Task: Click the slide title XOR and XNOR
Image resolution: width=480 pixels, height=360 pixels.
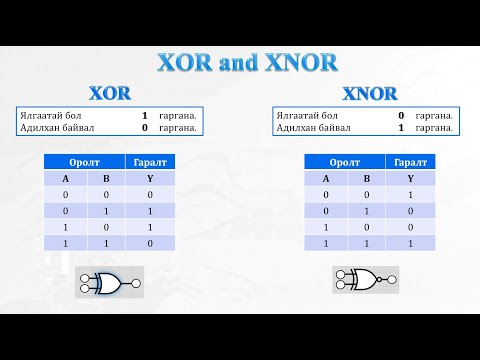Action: (x=247, y=62)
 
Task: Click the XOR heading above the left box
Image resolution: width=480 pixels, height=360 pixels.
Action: (x=110, y=93)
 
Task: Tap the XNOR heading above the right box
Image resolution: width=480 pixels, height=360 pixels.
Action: (x=370, y=93)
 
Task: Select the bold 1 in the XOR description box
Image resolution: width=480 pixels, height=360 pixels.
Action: (x=145, y=116)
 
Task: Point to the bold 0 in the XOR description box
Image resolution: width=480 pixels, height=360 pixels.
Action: (x=145, y=128)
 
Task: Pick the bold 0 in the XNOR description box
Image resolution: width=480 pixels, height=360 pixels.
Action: (x=401, y=116)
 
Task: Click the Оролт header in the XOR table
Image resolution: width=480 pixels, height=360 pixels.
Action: (x=84, y=162)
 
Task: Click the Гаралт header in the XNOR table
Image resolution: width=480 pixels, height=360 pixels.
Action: (x=410, y=162)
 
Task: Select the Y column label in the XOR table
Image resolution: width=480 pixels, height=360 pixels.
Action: (x=150, y=179)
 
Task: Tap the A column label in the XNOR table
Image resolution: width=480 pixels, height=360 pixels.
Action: (x=326, y=179)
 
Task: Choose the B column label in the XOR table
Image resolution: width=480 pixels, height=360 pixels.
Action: (x=106, y=179)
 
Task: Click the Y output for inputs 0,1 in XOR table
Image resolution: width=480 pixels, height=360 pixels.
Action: (x=150, y=211)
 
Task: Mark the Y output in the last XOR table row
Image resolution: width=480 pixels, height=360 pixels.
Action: (x=150, y=243)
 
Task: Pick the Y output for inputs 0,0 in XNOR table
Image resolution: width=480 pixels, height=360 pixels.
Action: (x=410, y=195)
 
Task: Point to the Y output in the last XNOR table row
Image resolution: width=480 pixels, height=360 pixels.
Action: (x=410, y=243)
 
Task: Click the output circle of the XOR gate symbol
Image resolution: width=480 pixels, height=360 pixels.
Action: (x=136, y=284)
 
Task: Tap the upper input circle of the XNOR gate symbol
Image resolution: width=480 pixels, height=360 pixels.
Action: (x=340, y=275)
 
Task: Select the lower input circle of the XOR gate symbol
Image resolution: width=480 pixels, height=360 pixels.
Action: (x=85, y=289)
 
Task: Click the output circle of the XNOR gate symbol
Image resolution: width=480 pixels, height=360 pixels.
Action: (x=392, y=280)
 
